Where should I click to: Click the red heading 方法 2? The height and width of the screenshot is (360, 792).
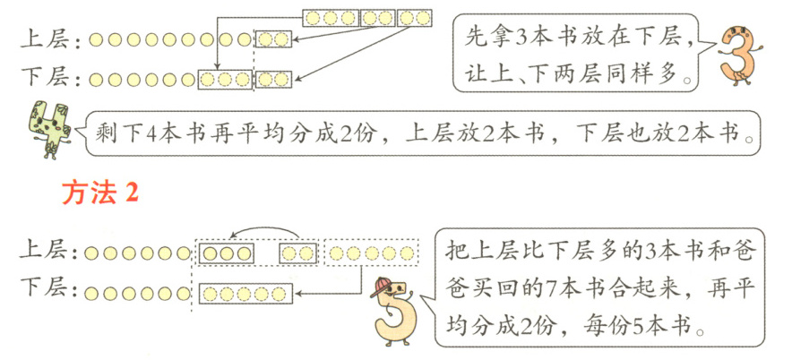(99, 193)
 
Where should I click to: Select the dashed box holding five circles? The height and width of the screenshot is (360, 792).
(370, 253)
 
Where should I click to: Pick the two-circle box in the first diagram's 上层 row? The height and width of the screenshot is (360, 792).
(273, 39)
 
